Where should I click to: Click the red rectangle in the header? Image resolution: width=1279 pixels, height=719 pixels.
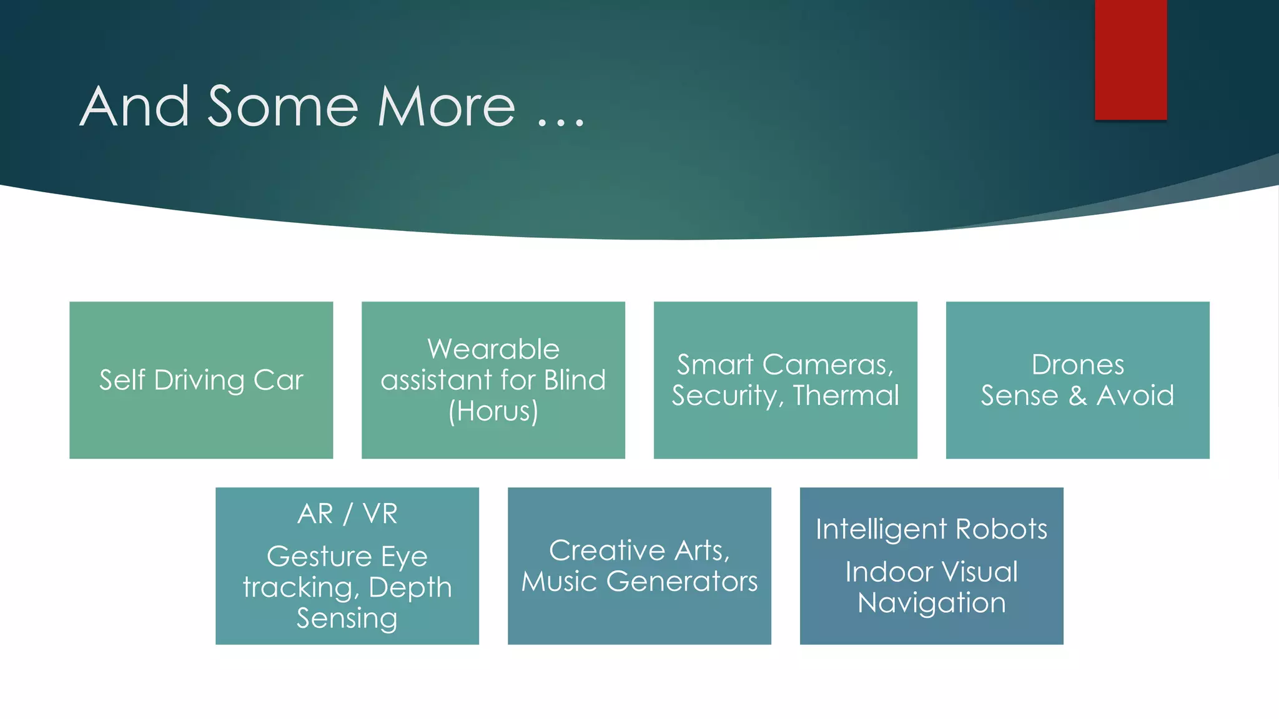(1130, 59)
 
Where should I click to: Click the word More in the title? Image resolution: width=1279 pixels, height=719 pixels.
(447, 107)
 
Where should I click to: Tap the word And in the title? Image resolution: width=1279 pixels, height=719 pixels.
(134, 107)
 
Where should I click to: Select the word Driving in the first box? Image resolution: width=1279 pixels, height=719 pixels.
(199, 380)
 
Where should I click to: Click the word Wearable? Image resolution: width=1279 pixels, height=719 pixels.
(493, 349)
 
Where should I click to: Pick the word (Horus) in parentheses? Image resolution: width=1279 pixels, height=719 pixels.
(493, 411)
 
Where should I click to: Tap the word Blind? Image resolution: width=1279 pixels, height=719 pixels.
(575, 380)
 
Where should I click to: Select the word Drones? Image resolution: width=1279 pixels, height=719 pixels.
(1077, 365)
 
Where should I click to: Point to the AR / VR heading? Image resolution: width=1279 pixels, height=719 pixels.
(347, 514)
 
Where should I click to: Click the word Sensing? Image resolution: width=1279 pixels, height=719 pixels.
(347, 618)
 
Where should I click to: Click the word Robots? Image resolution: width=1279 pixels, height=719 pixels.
(1001, 529)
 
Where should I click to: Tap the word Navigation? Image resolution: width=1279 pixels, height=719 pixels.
(931, 603)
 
